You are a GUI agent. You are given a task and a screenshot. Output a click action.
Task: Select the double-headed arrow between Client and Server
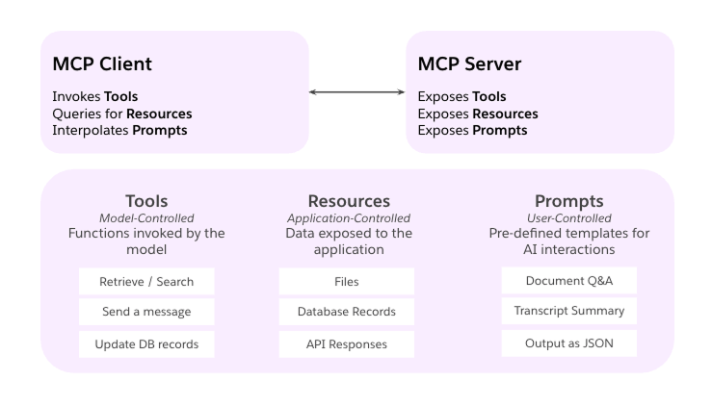(356, 92)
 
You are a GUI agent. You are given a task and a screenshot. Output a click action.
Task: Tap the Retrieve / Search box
(146, 281)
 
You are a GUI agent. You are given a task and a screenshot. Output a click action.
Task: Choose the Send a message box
(146, 313)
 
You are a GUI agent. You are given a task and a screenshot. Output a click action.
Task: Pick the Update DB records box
(146, 344)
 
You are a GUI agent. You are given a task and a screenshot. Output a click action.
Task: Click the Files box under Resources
(346, 281)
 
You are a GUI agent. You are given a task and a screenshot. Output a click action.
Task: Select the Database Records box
(346, 313)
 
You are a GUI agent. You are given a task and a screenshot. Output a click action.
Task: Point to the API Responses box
(346, 344)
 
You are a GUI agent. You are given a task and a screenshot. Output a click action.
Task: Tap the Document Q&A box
(568, 280)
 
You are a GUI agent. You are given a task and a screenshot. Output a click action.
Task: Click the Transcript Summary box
(568, 311)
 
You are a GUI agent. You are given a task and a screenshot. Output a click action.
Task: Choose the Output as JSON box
(568, 343)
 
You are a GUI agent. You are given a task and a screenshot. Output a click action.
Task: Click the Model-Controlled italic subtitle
(146, 218)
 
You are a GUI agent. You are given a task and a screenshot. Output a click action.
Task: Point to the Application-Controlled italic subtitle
(346, 218)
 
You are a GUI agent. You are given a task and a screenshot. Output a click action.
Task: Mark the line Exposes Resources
(477, 114)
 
